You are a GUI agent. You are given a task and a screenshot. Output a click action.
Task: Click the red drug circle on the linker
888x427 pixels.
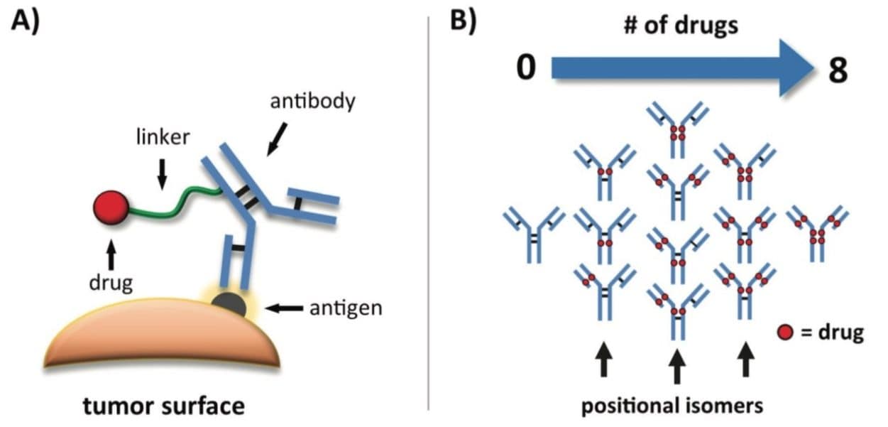pos(111,207)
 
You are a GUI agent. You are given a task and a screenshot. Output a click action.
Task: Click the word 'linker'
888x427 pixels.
pos(162,137)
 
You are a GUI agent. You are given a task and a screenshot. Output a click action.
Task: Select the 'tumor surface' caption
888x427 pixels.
pos(164,406)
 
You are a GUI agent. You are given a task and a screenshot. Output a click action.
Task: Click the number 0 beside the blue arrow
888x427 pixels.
pos(525,69)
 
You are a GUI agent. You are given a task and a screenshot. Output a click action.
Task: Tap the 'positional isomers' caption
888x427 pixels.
pos(672,406)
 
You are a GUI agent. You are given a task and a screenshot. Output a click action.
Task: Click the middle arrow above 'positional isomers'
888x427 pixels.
pos(677,366)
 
